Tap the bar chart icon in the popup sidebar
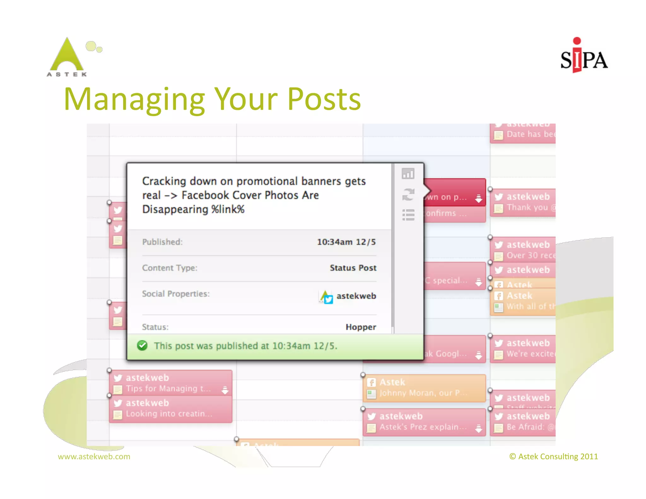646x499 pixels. (x=408, y=173)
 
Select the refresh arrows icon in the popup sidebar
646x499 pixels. (x=408, y=194)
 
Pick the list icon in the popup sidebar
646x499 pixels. (x=408, y=215)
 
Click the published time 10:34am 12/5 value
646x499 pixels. (x=346, y=242)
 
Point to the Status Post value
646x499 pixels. (x=353, y=268)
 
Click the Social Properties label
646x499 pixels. (x=176, y=294)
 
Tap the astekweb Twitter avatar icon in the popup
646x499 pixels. (x=326, y=297)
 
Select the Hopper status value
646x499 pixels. (x=361, y=327)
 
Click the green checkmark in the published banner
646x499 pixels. (x=142, y=346)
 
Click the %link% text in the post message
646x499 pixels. (x=228, y=209)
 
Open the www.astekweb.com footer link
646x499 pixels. (x=94, y=456)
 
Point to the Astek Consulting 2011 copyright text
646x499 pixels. (x=554, y=456)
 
